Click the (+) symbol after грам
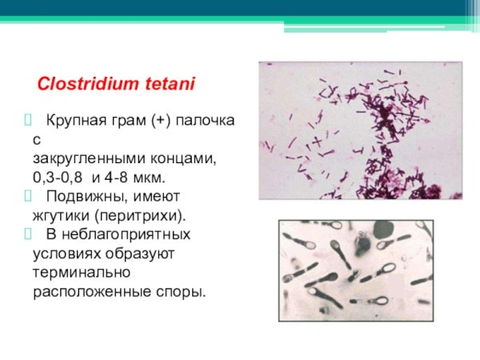161,121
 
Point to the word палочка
205,121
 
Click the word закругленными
89,159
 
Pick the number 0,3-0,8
58,178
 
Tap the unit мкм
149,178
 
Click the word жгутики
62,216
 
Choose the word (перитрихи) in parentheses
140,216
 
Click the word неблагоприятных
126,234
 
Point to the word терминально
82,273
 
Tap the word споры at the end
181,292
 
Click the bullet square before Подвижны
27,196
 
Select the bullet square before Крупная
27,120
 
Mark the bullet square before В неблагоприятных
27,234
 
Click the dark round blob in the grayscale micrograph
384,230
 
